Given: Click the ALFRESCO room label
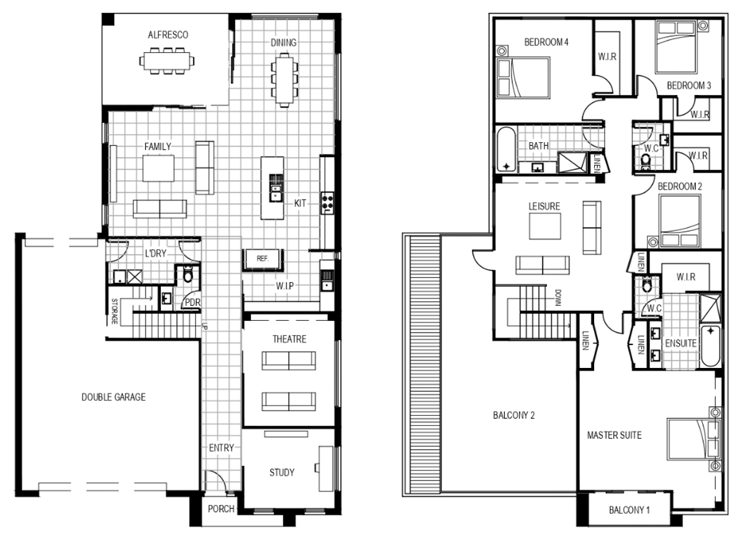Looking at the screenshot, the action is pos(168,35).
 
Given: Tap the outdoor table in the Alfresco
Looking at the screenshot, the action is pos(166,61).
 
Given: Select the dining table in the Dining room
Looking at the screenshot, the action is pos(284,80).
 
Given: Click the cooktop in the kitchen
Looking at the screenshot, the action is pos(327,203).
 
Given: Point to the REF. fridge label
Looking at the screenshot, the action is pos(263,258).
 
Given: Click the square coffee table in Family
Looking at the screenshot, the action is pos(158,169).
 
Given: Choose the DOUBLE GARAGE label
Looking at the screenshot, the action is pos(114,397).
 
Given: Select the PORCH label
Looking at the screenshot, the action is pos(221,508).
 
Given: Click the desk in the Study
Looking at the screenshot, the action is pos(326,469).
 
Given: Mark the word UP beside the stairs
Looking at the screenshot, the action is pos(204,326).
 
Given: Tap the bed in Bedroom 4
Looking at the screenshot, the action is pos(523,78).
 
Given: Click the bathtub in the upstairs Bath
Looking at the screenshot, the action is pos(506,150).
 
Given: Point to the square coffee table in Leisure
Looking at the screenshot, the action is pos(545,226).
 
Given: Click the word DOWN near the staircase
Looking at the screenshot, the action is pos(558,298).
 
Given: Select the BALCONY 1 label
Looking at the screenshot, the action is pos(629,509).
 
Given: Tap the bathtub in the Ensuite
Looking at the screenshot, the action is pos(710,346).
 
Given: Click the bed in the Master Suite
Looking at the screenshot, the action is pos(694,439).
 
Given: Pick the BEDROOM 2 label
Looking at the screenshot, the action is pos(680,186).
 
